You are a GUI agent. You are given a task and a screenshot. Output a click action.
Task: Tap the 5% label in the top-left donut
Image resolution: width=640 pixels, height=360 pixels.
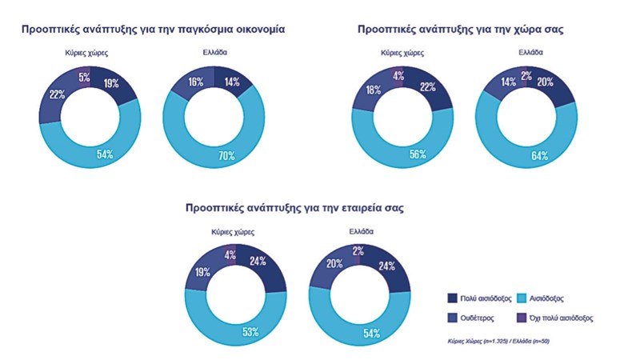click(83, 77)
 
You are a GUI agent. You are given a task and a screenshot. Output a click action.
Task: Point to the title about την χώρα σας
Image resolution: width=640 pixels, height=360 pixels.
click(461, 29)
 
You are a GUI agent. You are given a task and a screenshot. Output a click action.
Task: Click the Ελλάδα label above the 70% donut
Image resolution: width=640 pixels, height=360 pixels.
click(215, 52)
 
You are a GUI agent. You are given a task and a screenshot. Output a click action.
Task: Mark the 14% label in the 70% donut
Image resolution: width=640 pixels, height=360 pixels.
click(232, 82)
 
